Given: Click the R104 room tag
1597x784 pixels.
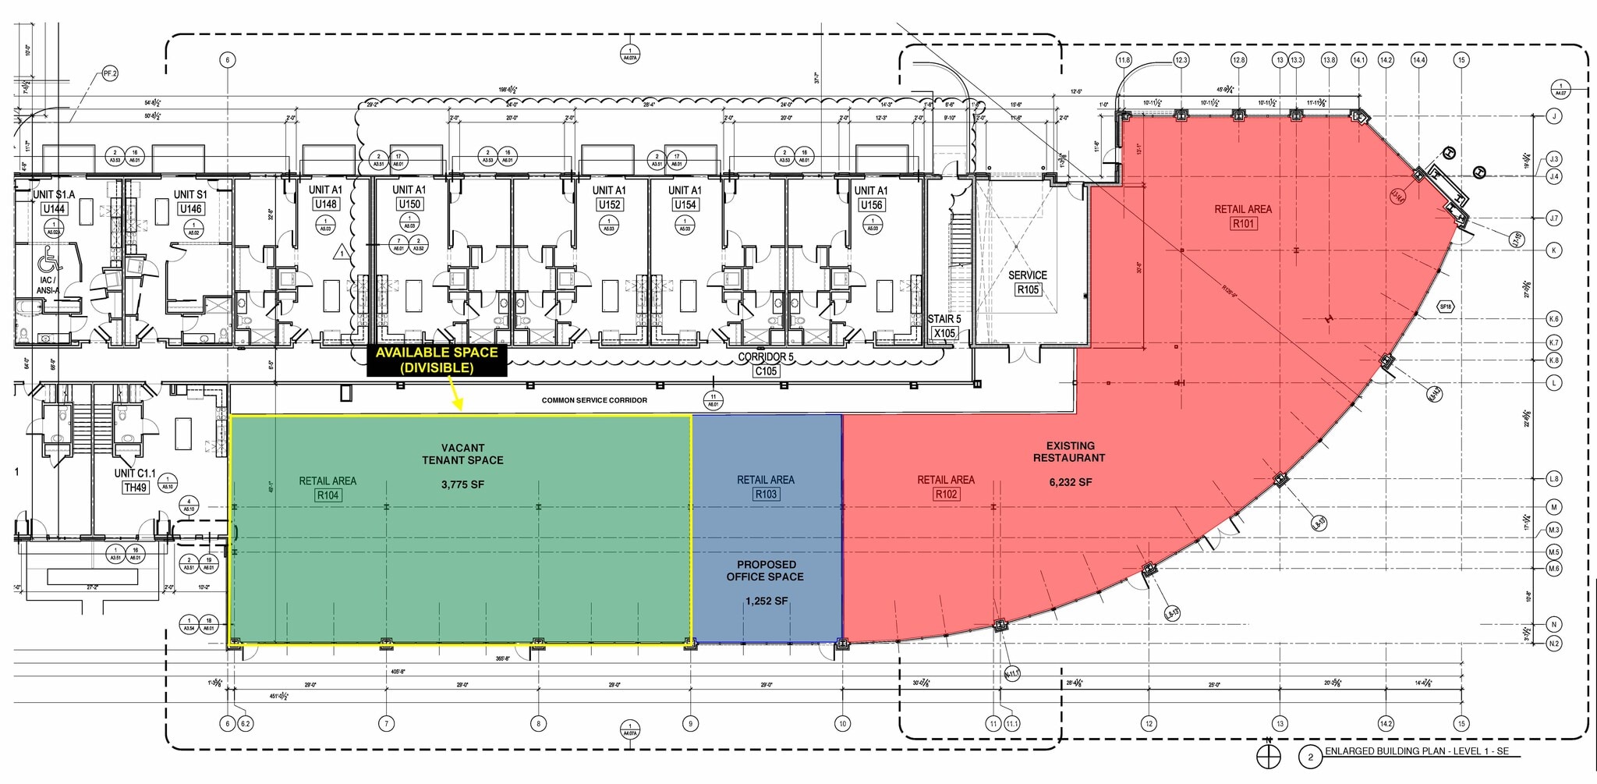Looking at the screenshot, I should pos(328,495).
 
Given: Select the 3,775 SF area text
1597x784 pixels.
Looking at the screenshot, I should pos(462,484).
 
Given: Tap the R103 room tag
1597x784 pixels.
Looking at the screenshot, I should pos(766,495).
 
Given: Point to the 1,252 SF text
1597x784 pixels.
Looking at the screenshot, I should pos(767,601).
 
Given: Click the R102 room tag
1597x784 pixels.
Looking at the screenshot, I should pos(946,495).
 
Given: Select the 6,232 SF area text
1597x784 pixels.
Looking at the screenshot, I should pos(1070,483).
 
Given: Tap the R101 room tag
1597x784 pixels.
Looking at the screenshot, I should pos(1243,224).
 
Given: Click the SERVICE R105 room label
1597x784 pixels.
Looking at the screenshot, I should pos(1027,283).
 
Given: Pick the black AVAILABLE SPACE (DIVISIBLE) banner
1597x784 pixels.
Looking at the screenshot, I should pos(437,360).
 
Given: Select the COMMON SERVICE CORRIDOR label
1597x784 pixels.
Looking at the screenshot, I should pos(594,400).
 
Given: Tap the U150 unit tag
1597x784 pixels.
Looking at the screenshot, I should pos(409,204).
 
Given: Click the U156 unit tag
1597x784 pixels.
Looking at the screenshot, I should pos(870,205).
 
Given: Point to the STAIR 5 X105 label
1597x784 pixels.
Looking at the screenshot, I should pos(944,326).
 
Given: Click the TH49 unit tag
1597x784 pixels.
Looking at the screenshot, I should pos(135,488).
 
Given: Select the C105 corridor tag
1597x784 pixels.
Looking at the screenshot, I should pos(766,371).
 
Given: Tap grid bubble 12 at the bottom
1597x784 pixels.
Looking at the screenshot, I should pos(1149,724).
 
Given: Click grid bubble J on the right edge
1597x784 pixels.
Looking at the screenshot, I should pos(1554,116).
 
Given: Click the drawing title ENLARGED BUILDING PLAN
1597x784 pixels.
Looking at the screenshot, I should pos(1416,751).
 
